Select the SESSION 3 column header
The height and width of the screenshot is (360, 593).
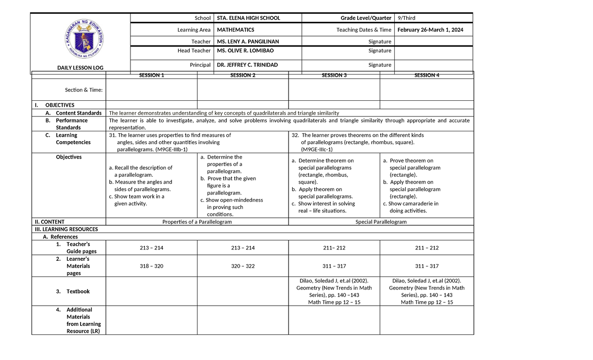[x=334, y=75]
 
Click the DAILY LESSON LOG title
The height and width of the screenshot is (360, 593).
[x=81, y=68]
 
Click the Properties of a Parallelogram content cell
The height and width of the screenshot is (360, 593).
[x=197, y=222]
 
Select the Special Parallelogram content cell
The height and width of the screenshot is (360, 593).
[x=381, y=222]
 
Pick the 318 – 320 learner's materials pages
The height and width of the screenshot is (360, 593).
[x=151, y=266]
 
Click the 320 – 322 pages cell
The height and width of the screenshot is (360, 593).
[x=243, y=266]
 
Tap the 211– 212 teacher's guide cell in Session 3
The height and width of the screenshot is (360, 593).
[x=334, y=247]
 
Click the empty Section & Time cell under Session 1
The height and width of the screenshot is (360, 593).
[x=151, y=89]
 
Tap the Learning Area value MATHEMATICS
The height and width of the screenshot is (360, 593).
[x=236, y=30]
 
